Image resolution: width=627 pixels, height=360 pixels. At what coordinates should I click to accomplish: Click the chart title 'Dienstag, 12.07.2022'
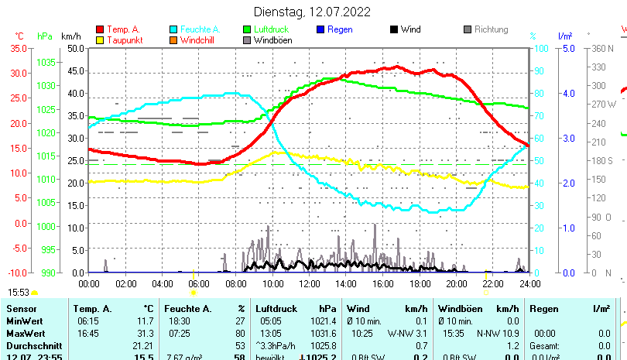(312, 12)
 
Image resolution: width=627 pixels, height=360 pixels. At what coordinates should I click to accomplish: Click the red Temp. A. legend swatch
(100, 30)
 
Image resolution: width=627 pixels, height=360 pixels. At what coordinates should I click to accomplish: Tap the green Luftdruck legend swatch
(247, 30)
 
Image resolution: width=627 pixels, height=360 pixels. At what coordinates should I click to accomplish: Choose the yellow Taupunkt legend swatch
(100, 40)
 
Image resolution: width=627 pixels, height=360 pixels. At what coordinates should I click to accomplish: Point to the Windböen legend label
(272, 40)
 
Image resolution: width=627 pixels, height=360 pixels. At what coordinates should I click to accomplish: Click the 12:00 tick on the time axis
(308, 283)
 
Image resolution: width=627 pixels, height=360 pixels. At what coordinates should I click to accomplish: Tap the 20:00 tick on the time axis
(455, 283)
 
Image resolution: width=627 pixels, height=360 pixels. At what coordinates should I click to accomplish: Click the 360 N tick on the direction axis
(604, 48)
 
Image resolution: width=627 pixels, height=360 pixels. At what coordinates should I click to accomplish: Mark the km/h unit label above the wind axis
(70, 36)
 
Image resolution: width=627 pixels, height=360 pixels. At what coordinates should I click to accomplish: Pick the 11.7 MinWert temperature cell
(144, 321)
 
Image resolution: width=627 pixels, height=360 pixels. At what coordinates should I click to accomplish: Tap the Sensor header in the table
(21, 309)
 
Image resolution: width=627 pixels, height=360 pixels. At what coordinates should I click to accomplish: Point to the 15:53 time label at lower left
(19, 293)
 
